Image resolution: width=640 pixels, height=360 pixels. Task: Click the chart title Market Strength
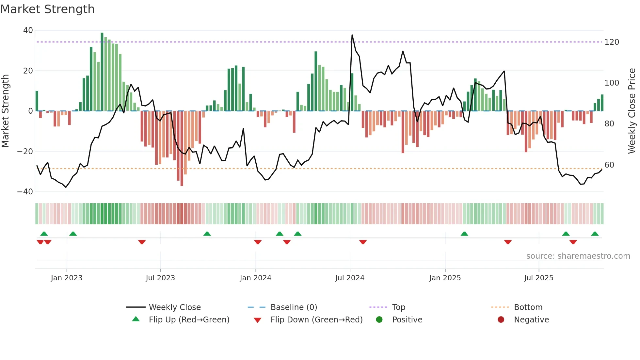pos(47,9)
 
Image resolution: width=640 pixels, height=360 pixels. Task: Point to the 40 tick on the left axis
pos(28,30)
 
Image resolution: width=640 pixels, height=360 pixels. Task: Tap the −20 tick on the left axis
pos(25,151)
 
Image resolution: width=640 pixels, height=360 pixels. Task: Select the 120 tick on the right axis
pos(612,42)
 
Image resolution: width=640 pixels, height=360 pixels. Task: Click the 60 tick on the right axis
pos(609,165)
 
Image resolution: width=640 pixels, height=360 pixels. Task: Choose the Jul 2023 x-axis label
pos(160,278)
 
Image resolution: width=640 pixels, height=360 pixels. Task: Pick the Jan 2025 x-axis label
pos(445,278)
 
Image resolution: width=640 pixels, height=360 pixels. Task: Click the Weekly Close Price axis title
pos(632,111)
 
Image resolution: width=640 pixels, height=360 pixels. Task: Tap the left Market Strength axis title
pos(5,111)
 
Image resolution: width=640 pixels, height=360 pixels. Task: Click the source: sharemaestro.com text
pos(578,256)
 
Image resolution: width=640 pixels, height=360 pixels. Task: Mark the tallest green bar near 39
pos(102,72)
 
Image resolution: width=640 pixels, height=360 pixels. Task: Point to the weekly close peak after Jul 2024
pos(352,35)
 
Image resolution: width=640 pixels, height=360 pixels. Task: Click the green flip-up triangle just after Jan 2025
pos(464,234)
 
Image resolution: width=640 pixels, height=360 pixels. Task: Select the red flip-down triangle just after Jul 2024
pos(363,242)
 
